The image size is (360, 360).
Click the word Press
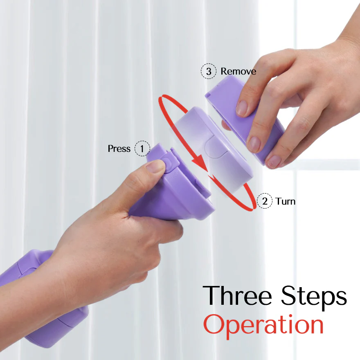click(x=119, y=148)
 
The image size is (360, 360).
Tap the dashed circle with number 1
click(x=142, y=148)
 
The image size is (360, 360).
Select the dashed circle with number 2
click(x=265, y=201)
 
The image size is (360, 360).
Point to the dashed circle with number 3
click(x=209, y=71)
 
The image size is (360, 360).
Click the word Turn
click(x=286, y=201)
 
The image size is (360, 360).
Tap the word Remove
click(x=239, y=71)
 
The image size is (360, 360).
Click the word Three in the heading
click(x=238, y=295)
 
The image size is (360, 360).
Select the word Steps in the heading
click(x=314, y=298)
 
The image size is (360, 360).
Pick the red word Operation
click(x=263, y=326)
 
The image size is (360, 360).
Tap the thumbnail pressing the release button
click(x=156, y=166)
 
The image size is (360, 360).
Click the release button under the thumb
click(x=169, y=164)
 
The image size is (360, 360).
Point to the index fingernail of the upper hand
click(x=242, y=108)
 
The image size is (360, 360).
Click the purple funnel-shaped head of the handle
click(x=175, y=186)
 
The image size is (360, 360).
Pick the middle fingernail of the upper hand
click(x=254, y=144)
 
